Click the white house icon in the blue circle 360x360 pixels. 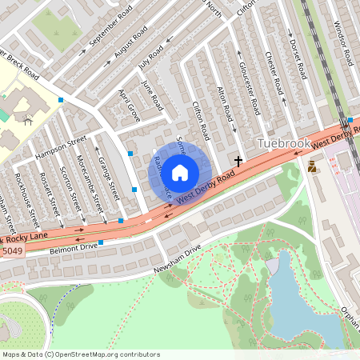pos(180,171)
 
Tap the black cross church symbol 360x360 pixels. pos(238,162)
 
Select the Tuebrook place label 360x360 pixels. pos(282,143)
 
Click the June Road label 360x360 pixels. pos(151,95)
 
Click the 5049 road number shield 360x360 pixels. pos(12,252)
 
